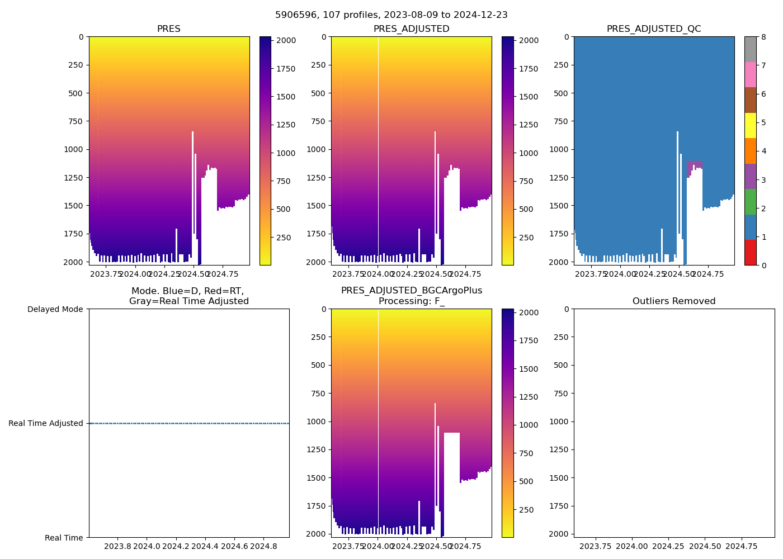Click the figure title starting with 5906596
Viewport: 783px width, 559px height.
coord(391,15)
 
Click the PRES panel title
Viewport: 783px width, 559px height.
coord(168,29)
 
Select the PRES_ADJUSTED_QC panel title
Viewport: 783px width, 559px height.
coord(654,29)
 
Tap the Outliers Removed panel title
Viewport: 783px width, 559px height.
coord(674,301)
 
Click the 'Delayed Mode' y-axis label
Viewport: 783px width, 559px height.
coord(55,309)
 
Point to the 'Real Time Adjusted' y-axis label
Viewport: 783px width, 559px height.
coord(46,423)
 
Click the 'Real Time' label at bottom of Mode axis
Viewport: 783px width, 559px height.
coord(64,538)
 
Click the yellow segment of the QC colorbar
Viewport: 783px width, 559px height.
coord(750,125)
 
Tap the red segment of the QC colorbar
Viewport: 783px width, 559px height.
coord(750,253)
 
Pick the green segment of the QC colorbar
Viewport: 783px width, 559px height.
coord(750,202)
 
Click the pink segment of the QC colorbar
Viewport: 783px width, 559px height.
coord(750,74)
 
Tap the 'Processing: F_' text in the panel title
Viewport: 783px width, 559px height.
coord(411,301)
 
